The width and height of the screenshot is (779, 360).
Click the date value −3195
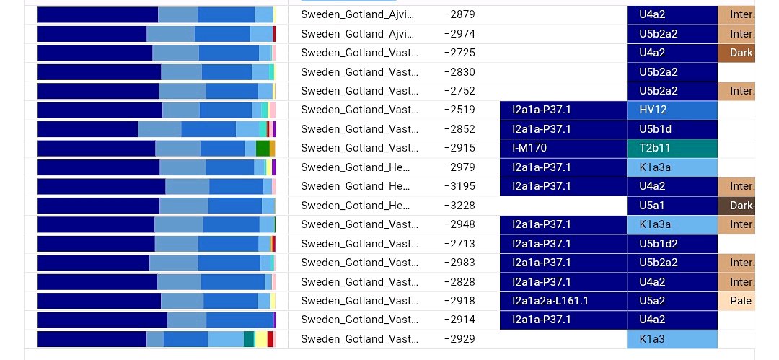459,186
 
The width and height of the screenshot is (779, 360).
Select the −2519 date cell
459,110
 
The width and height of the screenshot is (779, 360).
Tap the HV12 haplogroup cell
672,110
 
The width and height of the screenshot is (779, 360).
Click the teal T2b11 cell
672,148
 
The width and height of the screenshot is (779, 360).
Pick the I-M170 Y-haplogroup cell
563,148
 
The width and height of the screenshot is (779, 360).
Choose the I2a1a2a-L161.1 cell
563,301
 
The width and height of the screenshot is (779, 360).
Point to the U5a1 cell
672,206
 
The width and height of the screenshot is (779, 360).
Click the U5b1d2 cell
672,244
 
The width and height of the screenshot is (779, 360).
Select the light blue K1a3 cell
672,339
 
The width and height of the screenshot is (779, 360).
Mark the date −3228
459,206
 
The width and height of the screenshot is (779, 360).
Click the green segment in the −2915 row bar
263,148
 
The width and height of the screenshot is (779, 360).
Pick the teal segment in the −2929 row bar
249,339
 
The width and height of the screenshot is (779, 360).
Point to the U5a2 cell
672,301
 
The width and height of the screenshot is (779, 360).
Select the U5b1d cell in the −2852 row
672,129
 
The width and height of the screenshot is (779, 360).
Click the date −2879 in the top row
459,14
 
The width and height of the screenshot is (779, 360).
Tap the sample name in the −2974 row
358,34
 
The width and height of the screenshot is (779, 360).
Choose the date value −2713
459,244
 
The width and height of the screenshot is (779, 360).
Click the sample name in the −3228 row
358,206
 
